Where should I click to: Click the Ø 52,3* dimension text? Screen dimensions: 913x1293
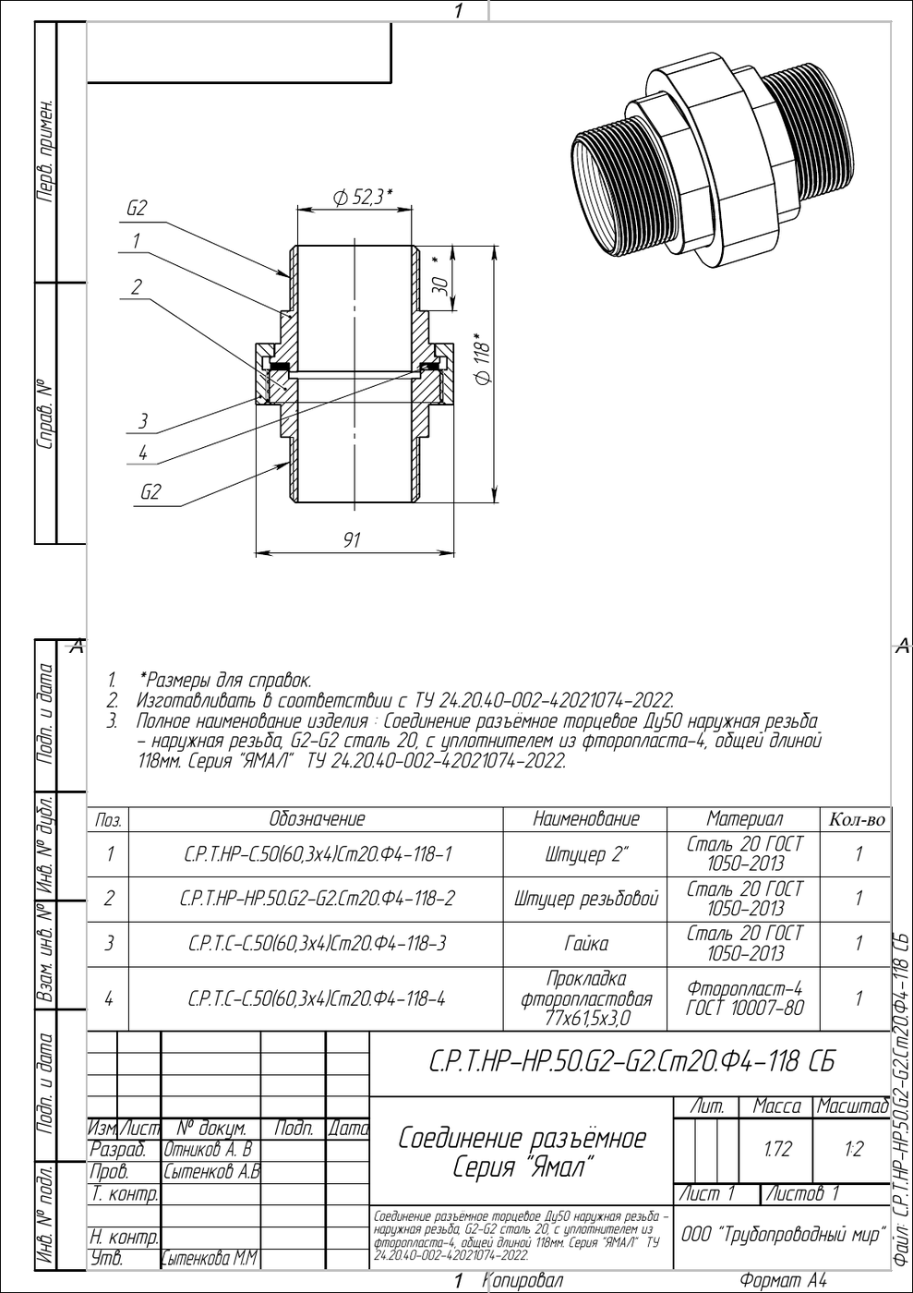tap(363, 198)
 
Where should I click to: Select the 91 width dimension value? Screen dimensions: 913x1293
tap(352, 539)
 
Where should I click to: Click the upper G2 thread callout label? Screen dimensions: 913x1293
tap(137, 209)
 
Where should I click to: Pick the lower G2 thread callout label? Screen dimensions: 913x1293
tap(150, 492)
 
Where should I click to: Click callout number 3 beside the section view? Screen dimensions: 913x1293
tap(142, 421)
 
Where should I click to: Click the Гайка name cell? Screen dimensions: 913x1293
tap(585, 943)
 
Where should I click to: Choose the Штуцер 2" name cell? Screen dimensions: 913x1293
tap(585, 853)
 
